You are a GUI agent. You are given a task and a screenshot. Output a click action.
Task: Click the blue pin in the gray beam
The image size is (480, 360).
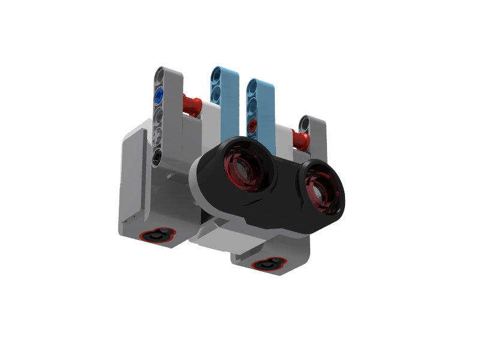pos(159,95)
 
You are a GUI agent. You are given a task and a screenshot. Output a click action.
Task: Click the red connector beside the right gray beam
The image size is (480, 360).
pos(300,140)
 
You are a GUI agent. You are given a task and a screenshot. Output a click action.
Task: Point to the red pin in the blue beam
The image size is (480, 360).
pos(253,125)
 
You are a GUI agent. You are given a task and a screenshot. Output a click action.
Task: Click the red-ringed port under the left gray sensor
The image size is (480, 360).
pos(157,236)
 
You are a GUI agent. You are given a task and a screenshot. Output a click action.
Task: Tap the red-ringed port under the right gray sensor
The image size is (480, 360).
pos(268,264)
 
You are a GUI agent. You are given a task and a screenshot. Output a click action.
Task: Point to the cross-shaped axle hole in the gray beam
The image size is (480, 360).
pos(158,137)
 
